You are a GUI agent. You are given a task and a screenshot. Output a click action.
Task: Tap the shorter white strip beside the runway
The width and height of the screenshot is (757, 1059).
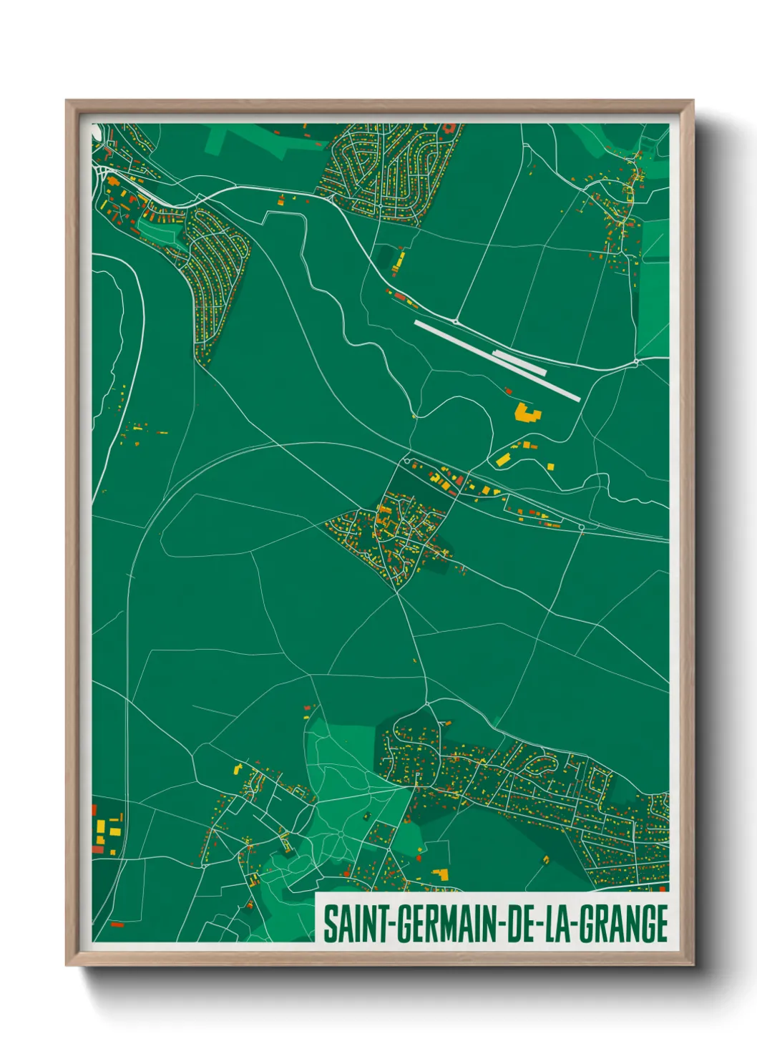520,363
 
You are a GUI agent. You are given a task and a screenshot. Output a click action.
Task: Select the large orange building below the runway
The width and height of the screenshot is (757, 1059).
527,413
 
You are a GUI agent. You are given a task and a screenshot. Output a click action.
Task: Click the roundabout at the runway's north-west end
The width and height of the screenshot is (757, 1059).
456,321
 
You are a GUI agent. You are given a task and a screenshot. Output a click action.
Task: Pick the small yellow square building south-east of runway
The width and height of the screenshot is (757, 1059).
551,467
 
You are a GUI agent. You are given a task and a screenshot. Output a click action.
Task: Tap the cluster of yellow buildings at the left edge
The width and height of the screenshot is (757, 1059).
106,832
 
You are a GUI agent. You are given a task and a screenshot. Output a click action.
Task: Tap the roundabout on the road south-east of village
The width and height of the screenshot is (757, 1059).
581,527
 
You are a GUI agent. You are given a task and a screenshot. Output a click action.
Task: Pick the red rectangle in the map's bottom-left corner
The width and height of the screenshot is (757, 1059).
117,924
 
